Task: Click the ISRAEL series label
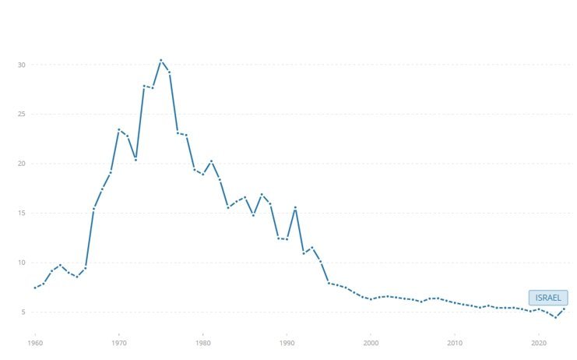[547, 298]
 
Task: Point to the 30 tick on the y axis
[22, 65]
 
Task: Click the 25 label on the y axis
[22, 115]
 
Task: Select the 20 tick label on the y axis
[22, 164]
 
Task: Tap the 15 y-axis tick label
[22, 214]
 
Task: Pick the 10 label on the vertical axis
[22, 263]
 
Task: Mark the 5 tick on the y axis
[23, 312]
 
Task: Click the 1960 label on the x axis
[34, 342]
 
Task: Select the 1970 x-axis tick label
[118, 342]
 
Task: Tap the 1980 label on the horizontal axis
[202, 342]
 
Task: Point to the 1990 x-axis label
[287, 342]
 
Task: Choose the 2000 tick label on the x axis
[371, 342]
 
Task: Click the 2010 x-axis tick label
[455, 342]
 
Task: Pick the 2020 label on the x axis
[539, 342]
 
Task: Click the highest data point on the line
[160, 60]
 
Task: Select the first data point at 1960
[34, 288]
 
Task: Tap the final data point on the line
[564, 309]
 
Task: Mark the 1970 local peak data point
[118, 129]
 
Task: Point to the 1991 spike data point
[295, 207]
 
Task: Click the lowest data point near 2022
[555, 317]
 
